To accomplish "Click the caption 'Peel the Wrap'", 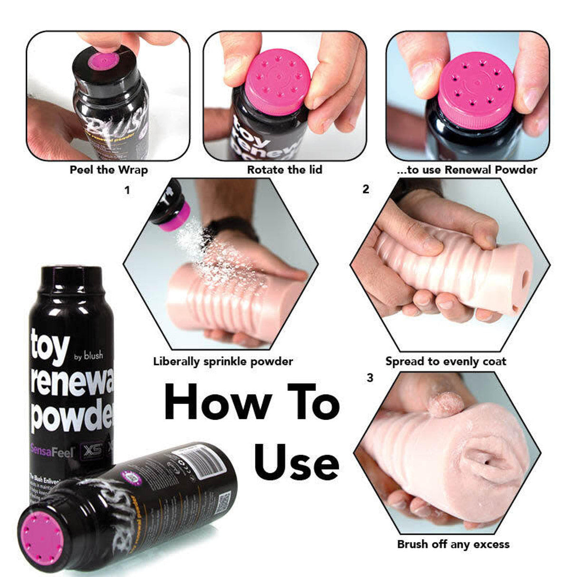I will pyautogui.click(x=109, y=170).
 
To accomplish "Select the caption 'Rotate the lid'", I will pyautogui.click(x=284, y=170).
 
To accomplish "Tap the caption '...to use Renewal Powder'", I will pyautogui.click(x=467, y=170).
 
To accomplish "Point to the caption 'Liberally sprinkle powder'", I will pyautogui.click(x=223, y=361).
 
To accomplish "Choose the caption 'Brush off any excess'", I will pyautogui.click(x=453, y=544).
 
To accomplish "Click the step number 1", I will pyautogui.click(x=126, y=191).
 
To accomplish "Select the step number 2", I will pyautogui.click(x=365, y=189).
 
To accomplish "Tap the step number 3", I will pyautogui.click(x=370, y=378).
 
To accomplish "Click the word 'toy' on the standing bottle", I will pyautogui.click(x=50, y=346).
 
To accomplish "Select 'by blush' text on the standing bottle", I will pyautogui.click(x=88, y=356).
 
